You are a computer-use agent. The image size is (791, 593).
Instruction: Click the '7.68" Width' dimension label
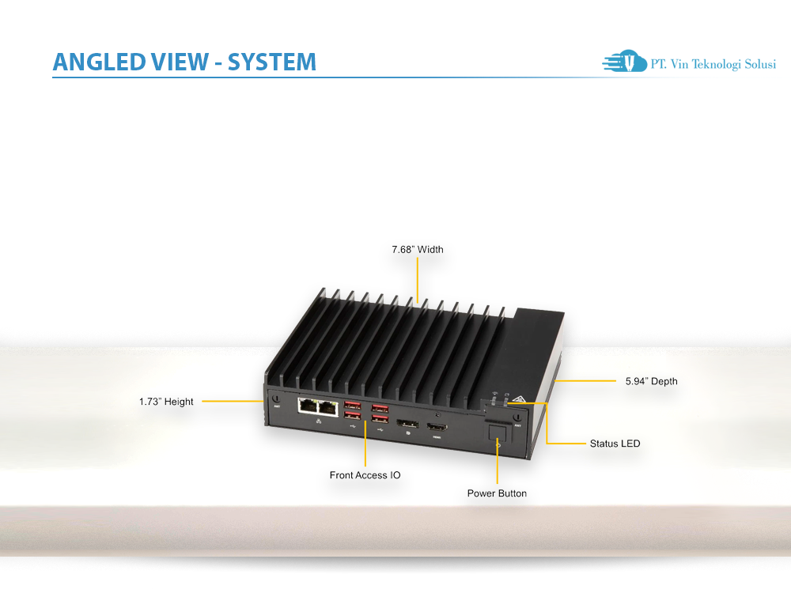(x=418, y=250)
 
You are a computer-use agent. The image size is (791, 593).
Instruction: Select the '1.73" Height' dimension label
(x=166, y=402)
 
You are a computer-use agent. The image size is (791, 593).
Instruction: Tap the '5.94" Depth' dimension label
(x=651, y=381)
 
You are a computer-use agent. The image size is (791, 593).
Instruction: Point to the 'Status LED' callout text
(x=615, y=444)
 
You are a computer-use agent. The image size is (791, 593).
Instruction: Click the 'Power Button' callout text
(x=497, y=493)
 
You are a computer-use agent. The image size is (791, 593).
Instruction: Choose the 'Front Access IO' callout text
(x=365, y=475)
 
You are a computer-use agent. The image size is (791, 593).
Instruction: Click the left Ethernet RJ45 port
(x=307, y=407)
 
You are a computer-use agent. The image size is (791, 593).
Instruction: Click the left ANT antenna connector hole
(x=275, y=398)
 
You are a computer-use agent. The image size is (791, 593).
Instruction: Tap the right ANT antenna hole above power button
(x=516, y=417)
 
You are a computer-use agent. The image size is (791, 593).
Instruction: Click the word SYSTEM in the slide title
(x=272, y=62)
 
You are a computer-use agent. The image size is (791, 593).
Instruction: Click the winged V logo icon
(x=625, y=62)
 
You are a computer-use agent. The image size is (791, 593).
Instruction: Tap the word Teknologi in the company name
(x=718, y=65)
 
